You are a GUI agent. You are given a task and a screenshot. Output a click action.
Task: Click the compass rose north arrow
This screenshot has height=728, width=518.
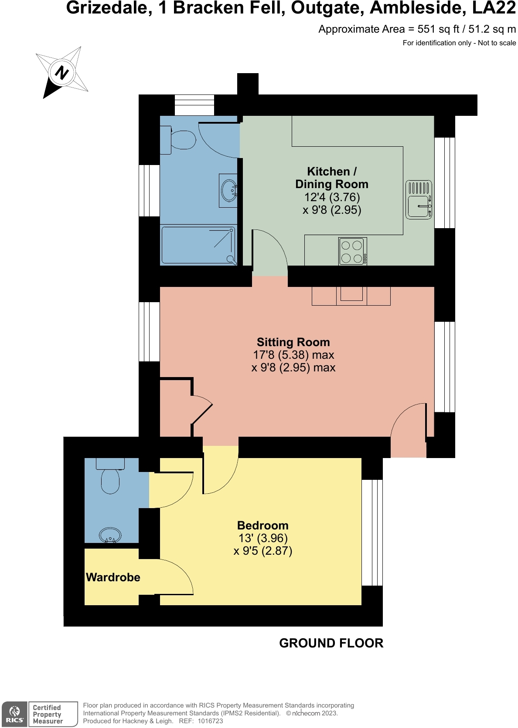(62, 72)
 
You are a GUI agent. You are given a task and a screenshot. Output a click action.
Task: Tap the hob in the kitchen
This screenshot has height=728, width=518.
(352, 251)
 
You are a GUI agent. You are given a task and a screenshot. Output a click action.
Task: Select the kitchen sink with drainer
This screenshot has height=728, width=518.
(419, 199)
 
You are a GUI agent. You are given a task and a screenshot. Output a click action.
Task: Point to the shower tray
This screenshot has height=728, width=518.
(198, 245)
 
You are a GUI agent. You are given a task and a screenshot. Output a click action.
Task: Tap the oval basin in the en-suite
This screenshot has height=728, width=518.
(110, 535)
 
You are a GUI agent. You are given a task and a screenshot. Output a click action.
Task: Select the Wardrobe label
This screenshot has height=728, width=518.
(113, 577)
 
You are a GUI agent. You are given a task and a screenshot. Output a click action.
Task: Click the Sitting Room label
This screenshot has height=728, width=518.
(293, 342)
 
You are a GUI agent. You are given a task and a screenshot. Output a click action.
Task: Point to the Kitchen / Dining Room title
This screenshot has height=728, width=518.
(331, 178)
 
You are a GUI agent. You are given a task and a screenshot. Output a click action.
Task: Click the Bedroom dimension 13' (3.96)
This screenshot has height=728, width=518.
(263, 538)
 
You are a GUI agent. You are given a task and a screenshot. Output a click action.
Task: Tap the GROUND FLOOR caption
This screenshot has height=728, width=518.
(331, 643)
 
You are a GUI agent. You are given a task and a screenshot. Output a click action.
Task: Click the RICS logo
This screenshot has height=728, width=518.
(15, 714)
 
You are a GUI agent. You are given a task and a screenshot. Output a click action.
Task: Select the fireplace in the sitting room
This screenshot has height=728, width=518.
(351, 296)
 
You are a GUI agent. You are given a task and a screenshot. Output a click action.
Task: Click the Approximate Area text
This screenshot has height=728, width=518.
(416, 29)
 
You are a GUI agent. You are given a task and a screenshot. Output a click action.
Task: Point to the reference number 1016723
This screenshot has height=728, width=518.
(210, 721)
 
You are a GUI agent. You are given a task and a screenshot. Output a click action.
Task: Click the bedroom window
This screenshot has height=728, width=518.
(372, 533)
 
